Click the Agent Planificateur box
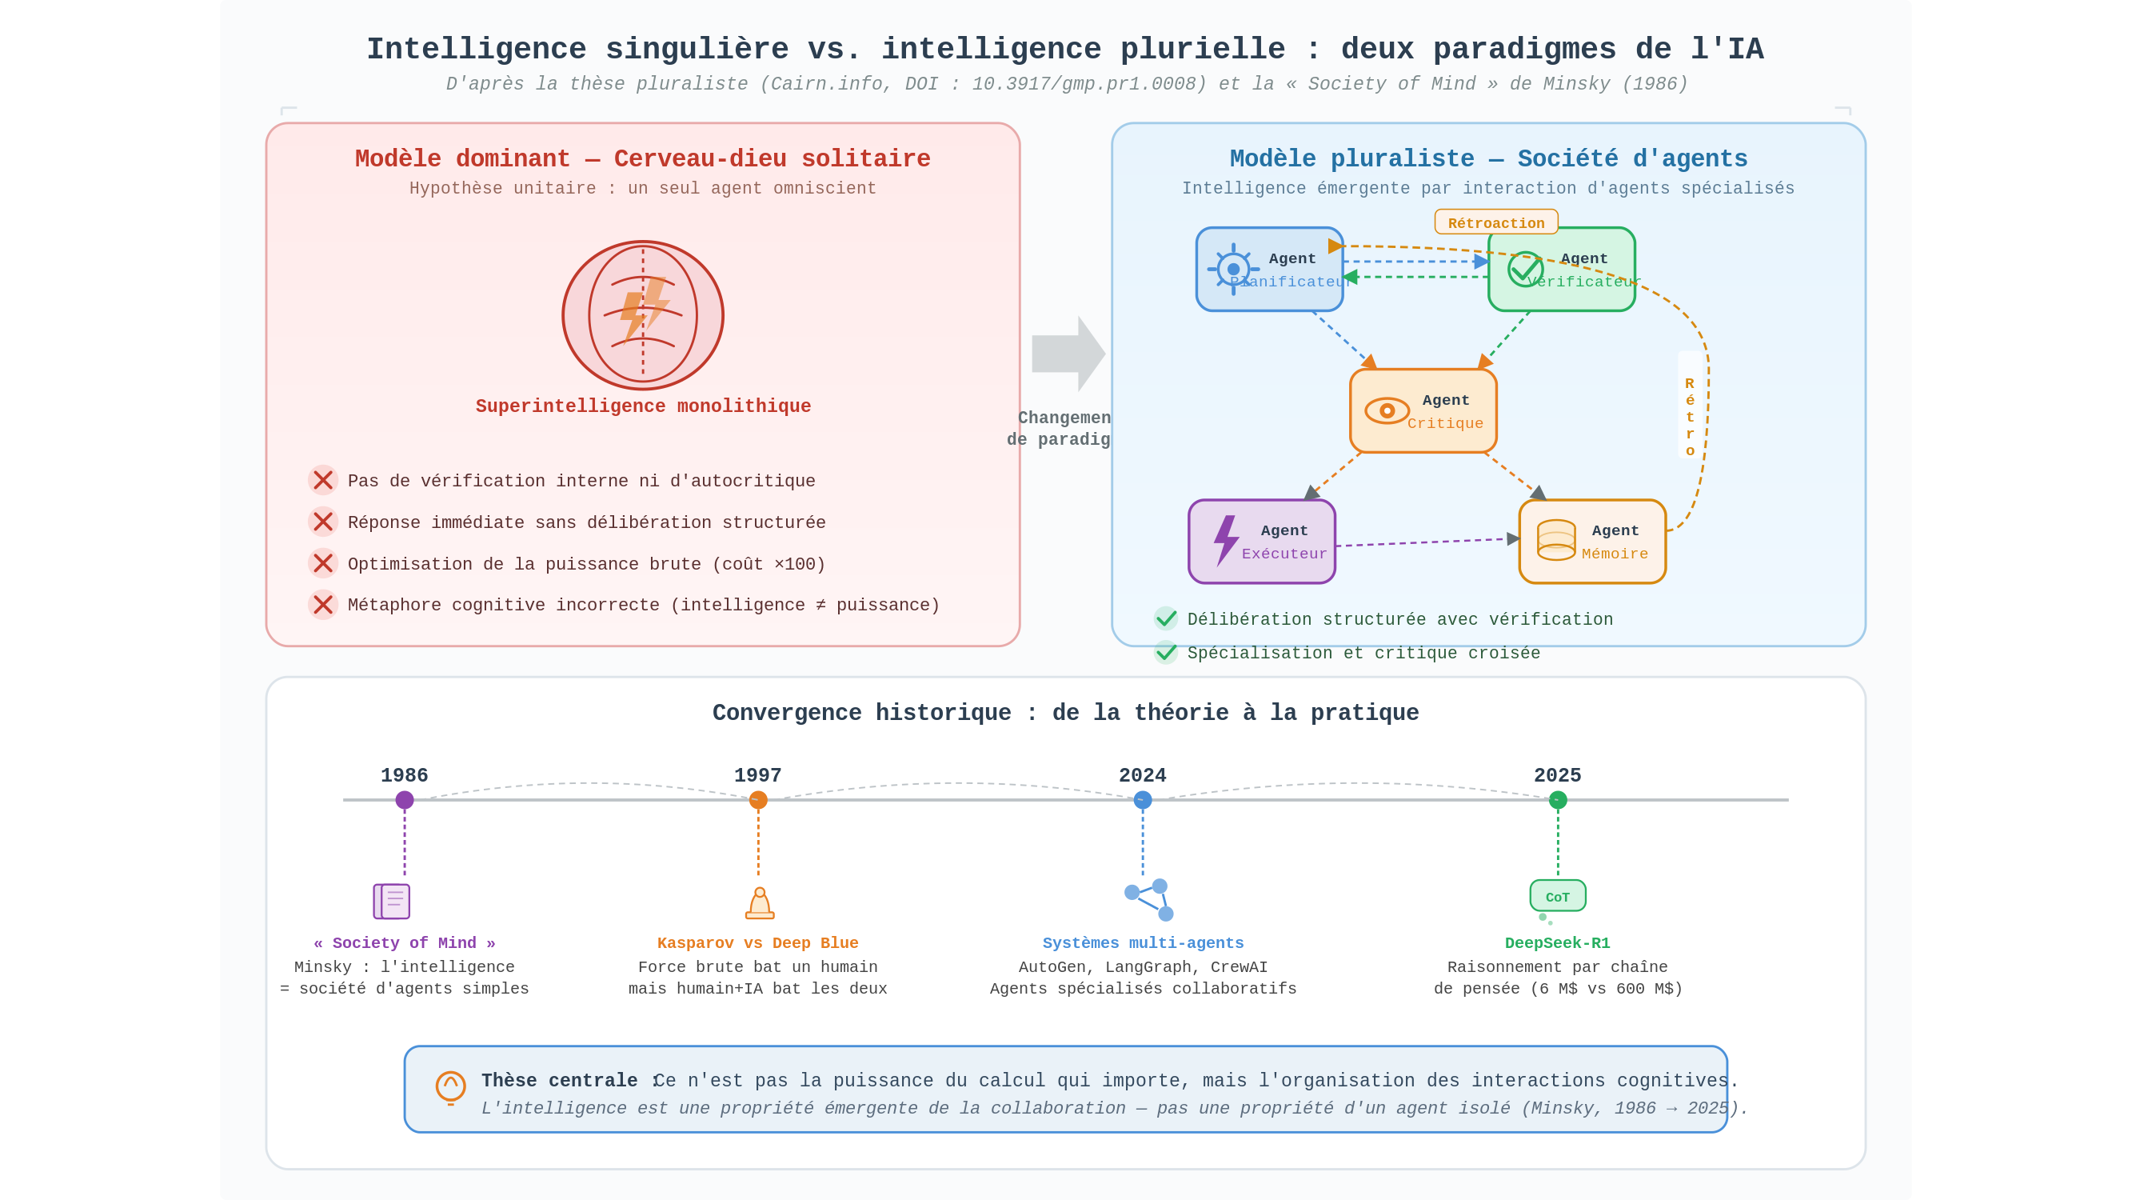[1269, 269]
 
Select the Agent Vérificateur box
[1561, 269]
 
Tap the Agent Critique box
[1423, 410]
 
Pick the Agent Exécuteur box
[1261, 542]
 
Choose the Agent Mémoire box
[1591, 542]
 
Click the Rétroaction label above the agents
[1495, 222]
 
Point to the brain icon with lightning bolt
[643, 315]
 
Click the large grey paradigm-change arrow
[1068, 354]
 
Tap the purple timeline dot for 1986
[405, 800]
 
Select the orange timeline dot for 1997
[758, 800]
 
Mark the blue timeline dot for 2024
[1142, 800]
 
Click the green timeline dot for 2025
[1558, 800]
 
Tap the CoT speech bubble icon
[1558, 897]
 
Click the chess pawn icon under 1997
[760, 903]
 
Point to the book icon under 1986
[392, 901]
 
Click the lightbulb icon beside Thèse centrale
[451, 1087]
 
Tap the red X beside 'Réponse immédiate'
[323, 522]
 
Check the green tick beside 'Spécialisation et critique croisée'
[1165, 653]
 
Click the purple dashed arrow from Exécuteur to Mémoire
[1427, 542]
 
